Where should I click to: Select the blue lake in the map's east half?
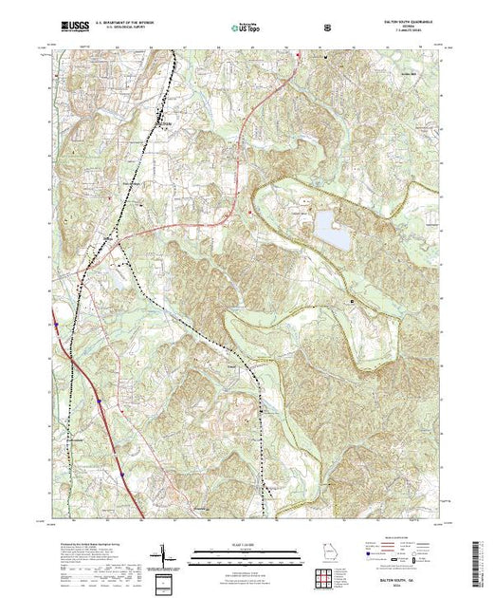click(327, 227)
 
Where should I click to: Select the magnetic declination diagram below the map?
click(162, 553)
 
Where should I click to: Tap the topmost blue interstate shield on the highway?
click(56, 325)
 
